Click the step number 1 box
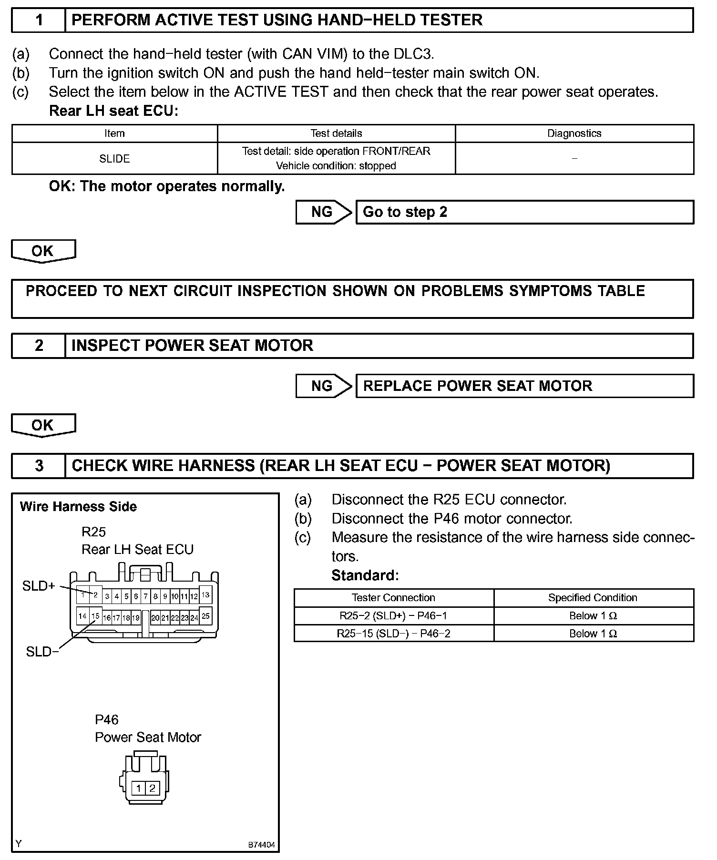click(39, 20)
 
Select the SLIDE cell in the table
click(114, 159)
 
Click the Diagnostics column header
click(574, 133)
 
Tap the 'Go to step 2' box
click(524, 212)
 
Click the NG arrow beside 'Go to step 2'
click(323, 212)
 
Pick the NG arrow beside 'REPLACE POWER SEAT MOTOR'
click(323, 386)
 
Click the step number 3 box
click(39, 466)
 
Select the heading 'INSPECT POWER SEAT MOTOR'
click(192, 346)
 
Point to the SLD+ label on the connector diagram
click(39, 586)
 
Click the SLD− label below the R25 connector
click(42, 652)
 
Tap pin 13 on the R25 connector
click(205, 595)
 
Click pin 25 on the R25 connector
click(205, 616)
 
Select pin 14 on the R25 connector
click(82, 616)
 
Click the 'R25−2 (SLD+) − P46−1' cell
click(393, 616)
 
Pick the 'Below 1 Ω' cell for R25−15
click(593, 634)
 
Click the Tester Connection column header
click(393, 598)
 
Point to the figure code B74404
click(261, 845)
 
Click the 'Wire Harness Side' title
click(78, 506)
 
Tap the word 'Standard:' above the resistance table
click(365, 575)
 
